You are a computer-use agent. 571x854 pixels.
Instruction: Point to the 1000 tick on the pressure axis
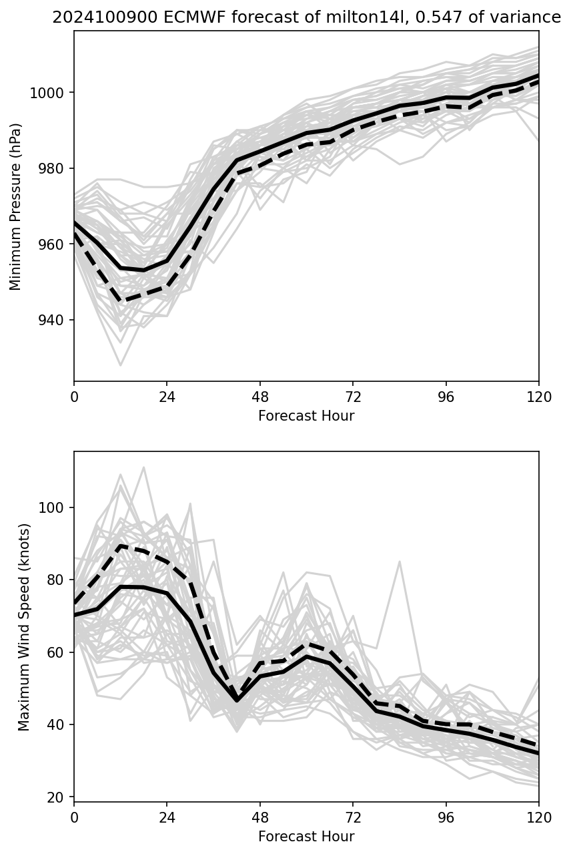click(x=48, y=92)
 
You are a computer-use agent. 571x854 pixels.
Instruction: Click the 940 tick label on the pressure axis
click(x=55, y=320)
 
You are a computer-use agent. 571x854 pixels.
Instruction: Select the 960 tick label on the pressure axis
click(x=55, y=244)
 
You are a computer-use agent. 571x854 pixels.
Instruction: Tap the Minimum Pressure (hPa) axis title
click(x=15, y=206)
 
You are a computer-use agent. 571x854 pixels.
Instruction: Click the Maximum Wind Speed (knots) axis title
click(x=24, y=626)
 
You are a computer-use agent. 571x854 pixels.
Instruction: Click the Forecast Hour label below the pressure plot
click(x=306, y=416)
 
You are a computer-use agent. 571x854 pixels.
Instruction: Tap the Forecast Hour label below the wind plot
click(x=306, y=837)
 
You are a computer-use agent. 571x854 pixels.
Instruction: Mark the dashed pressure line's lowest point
click(x=121, y=301)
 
